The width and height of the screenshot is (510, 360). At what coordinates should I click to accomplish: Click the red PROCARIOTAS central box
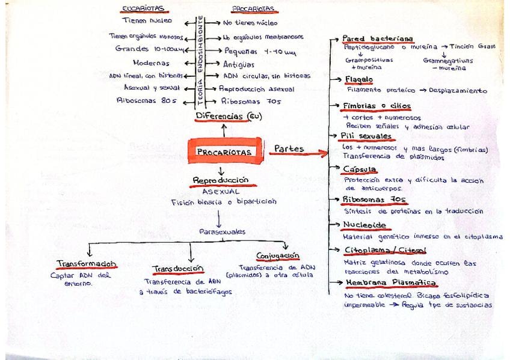(x=223, y=152)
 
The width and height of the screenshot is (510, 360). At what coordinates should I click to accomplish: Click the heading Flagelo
(x=359, y=79)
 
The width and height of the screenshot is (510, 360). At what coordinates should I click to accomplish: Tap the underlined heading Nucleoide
(x=364, y=225)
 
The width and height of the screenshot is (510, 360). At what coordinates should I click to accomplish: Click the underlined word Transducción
(x=179, y=268)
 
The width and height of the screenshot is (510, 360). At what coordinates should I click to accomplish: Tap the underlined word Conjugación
(x=278, y=255)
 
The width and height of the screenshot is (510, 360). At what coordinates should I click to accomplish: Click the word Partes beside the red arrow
(x=289, y=148)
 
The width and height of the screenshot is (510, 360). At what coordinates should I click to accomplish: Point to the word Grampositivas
(x=368, y=60)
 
